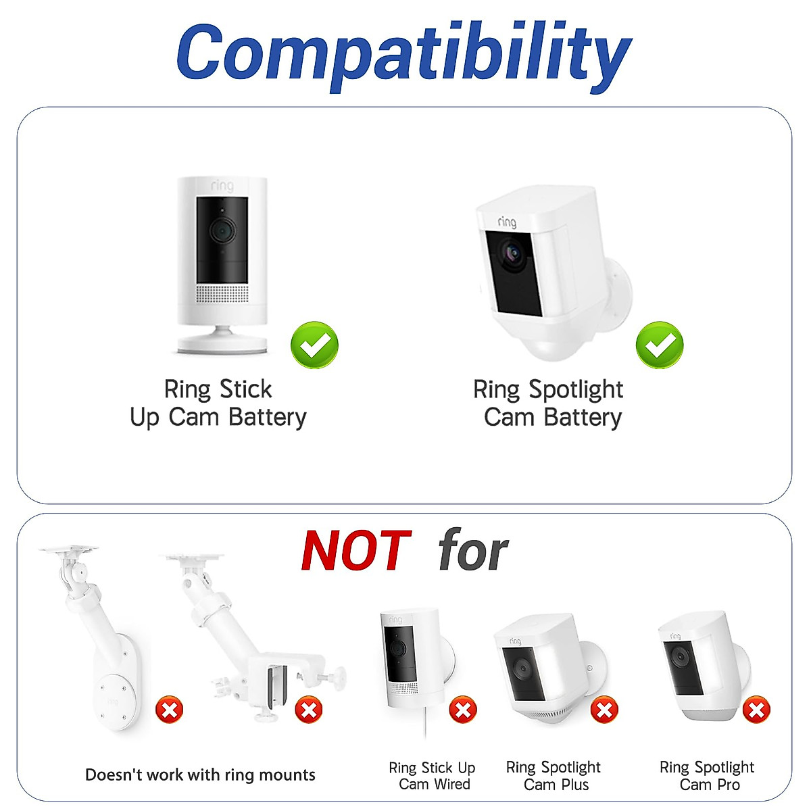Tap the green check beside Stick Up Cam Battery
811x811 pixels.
(x=314, y=345)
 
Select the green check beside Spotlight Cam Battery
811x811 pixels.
(x=660, y=345)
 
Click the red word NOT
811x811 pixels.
(x=356, y=551)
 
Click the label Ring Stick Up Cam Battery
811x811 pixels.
(x=218, y=403)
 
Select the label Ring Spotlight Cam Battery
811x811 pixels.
(x=549, y=403)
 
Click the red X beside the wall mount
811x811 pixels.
(x=169, y=710)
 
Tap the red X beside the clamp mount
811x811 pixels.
(x=309, y=710)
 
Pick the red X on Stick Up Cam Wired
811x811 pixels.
(x=463, y=710)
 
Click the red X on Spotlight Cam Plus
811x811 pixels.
(x=604, y=710)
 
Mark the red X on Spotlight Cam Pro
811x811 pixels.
(x=756, y=710)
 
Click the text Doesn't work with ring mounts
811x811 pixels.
(x=200, y=775)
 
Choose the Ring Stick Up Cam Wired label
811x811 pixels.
(x=433, y=776)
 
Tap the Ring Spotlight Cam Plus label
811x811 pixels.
(x=554, y=776)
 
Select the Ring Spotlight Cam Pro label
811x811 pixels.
(x=707, y=776)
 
